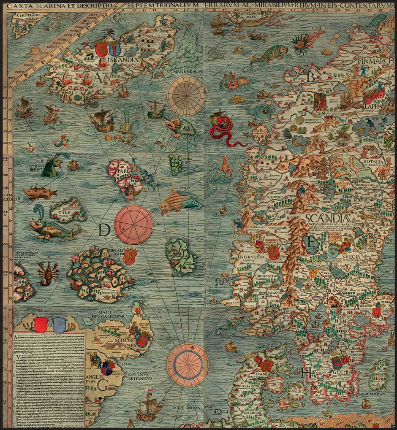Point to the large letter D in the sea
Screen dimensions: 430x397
tap(105, 230)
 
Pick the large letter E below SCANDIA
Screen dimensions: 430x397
tap(312, 242)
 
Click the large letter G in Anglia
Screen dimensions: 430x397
tap(102, 384)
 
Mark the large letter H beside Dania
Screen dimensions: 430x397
tap(307, 373)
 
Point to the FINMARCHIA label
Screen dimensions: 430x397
tap(375, 62)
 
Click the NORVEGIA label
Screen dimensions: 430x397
tap(252, 257)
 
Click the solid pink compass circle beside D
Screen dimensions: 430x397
tap(133, 224)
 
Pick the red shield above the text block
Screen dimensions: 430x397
tap(41, 325)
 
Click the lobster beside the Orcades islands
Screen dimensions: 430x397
tap(46, 273)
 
